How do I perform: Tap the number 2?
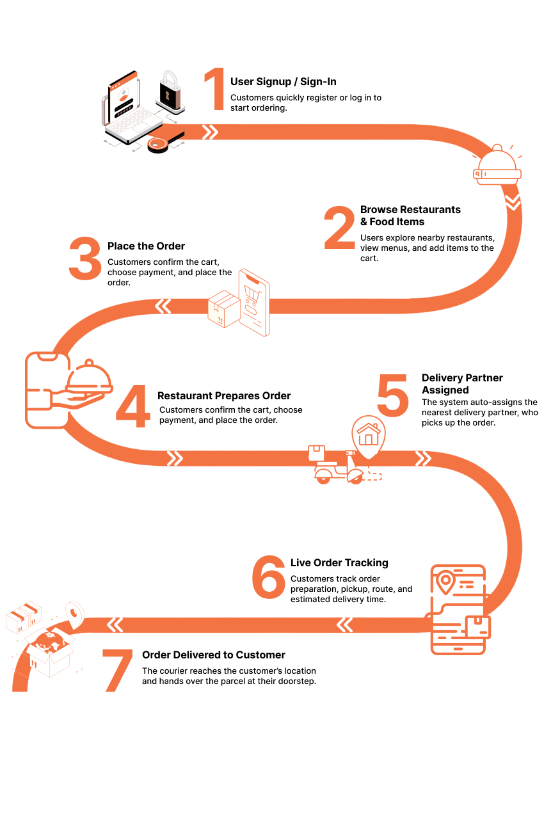coord(339,228)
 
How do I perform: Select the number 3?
coord(85,258)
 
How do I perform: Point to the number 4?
coord(133,407)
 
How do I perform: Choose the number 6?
coord(268,578)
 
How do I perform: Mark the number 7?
coord(118,669)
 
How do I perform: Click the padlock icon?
coord(170,91)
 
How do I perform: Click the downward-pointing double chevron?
coord(513,202)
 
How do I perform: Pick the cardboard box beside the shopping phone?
coord(224,309)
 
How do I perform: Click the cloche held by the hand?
coord(90,378)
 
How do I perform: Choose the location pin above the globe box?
coord(76,614)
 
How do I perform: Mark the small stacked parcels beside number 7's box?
coord(24,616)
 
